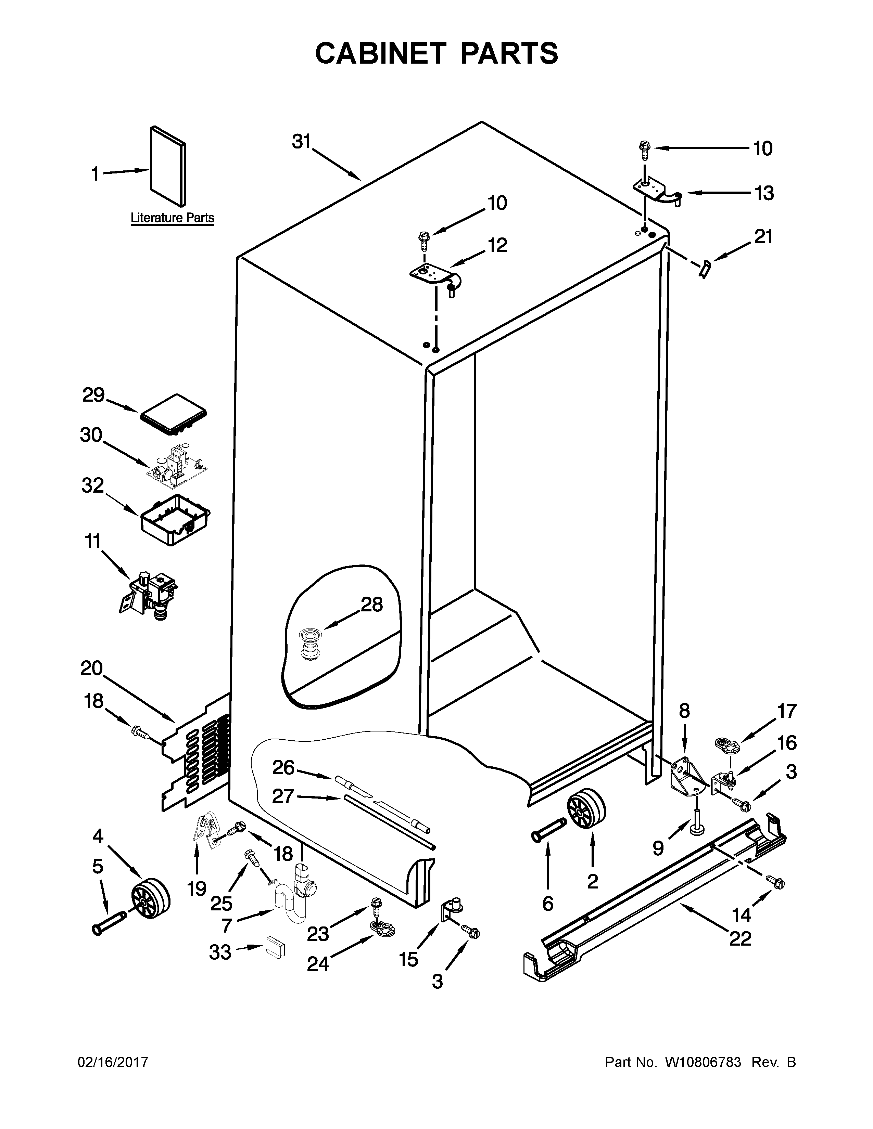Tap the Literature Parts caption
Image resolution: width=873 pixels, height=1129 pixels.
click(172, 218)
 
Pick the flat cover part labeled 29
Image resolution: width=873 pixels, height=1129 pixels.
click(174, 412)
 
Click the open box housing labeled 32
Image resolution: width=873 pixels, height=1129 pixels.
click(175, 519)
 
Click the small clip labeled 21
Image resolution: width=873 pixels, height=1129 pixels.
click(705, 269)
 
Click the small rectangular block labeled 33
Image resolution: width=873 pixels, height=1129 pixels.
click(275, 948)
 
